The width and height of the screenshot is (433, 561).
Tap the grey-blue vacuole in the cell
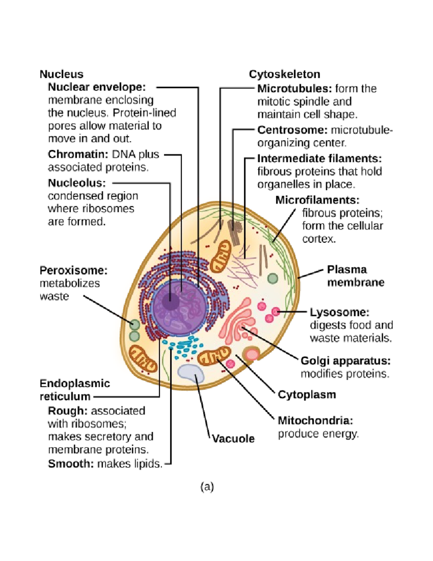click(191, 373)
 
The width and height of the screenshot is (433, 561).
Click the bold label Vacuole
click(233, 439)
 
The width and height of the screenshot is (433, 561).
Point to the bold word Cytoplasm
click(307, 394)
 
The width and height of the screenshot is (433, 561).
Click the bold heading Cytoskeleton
click(284, 74)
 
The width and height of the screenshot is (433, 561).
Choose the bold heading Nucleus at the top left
click(61, 74)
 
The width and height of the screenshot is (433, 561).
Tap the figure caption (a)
click(207, 487)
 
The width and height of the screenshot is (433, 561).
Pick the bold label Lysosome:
click(340, 312)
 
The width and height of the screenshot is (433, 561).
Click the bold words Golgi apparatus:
click(345, 361)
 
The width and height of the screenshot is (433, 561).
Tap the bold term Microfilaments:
click(317, 200)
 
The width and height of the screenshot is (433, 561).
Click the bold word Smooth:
click(71, 463)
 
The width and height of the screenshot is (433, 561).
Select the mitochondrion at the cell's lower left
click(143, 358)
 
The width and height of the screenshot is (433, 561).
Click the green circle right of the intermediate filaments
click(273, 279)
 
